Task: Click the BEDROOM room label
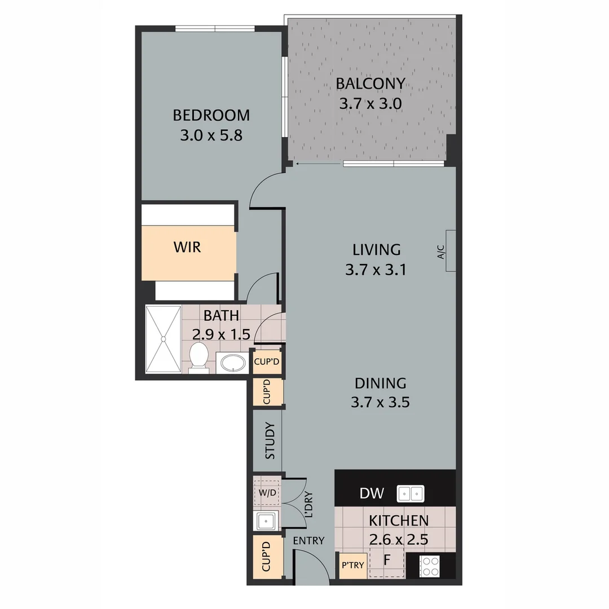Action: (211, 116)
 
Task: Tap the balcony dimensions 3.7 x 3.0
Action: (370, 104)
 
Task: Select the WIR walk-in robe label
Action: (187, 247)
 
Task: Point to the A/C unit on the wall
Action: (450, 251)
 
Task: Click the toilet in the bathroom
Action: (198, 357)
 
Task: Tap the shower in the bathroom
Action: (164, 339)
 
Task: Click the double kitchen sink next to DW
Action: (411, 494)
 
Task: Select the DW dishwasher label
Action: (372, 494)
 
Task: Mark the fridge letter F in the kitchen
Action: (387, 561)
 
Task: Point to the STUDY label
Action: (270, 440)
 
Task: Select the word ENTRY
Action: (308, 541)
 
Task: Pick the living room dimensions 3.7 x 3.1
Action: (376, 270)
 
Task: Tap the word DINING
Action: (380, 383)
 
